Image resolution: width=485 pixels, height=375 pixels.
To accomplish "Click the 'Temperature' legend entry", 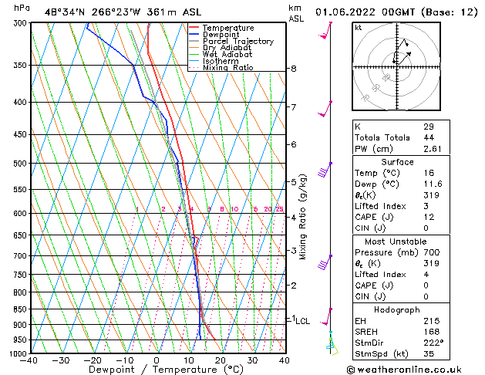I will tap(227, 28).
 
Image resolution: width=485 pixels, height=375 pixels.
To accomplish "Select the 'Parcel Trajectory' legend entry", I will tap(237, 42).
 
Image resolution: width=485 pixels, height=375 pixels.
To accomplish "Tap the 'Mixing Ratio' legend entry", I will tap(228, 68).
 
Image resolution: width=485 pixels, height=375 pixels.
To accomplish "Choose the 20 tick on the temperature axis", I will tap(221, 360).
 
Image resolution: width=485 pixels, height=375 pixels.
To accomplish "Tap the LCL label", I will tap(303, 321).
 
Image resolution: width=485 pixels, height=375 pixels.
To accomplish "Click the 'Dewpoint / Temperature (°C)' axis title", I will tap(157, 370).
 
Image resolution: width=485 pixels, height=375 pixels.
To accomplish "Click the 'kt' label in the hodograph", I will tap(359, 28).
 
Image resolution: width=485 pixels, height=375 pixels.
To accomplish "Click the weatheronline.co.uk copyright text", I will tap(415, 369).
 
